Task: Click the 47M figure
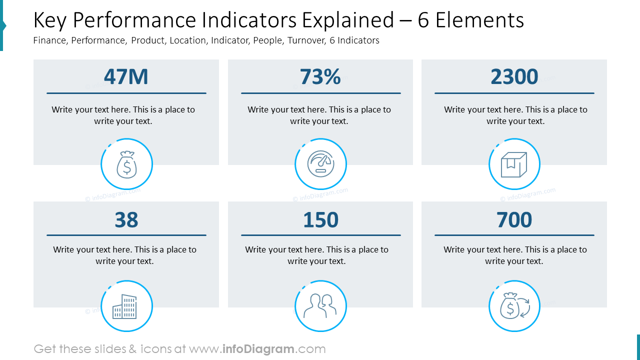click(126, 77)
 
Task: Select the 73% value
click(320, 77)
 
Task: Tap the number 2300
click(514, 77)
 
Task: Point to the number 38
click(126, 220)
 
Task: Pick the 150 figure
click(320, 220)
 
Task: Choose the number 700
click(514, 220)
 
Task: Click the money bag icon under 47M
click(126, 164)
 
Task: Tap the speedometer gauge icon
click(320, 164)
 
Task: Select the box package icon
click(514, 164)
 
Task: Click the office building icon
click(125, 306)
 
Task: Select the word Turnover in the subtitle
click(306, 40)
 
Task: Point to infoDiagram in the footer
click(258, 349)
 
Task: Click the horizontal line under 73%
click(320, 93)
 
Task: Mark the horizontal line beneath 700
click(514, 235)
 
